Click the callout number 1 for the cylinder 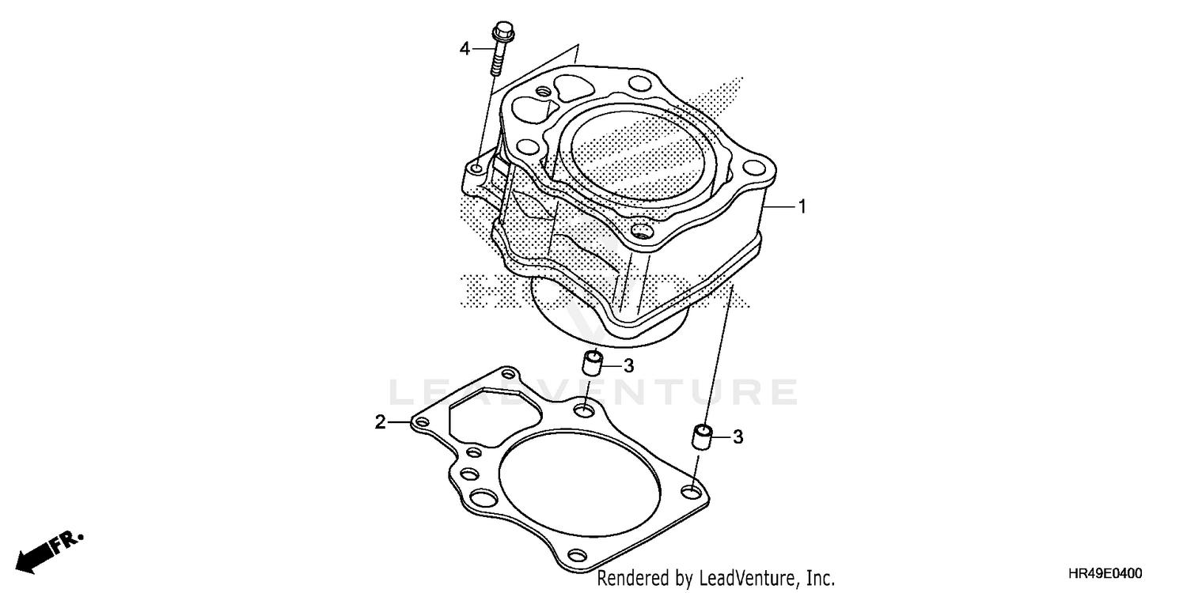tap(802, 185)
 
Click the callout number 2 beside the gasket tap(381, 423)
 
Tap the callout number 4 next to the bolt tap(465, 49)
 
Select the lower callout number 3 tap(738, 436)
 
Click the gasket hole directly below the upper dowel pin tap(584, 411)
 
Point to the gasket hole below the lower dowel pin tap(692, 493)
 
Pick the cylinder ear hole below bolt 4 tap(477, 169)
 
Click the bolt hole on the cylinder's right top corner tap(760, 168)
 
